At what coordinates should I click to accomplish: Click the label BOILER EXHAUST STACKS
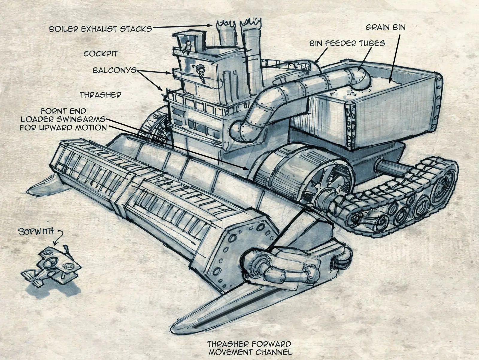point(100,29)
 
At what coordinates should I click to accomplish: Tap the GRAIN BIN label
point(386,27)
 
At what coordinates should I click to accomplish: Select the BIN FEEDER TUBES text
point(347,43)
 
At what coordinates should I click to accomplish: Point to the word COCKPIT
point(101,54)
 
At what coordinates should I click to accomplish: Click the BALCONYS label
point(115,70)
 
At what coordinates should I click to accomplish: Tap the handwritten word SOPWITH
point(36,232)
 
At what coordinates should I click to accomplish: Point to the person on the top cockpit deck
point(187,47)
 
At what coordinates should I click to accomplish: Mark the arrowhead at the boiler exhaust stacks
point(210,25)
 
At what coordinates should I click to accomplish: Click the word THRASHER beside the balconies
point(100,95)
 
